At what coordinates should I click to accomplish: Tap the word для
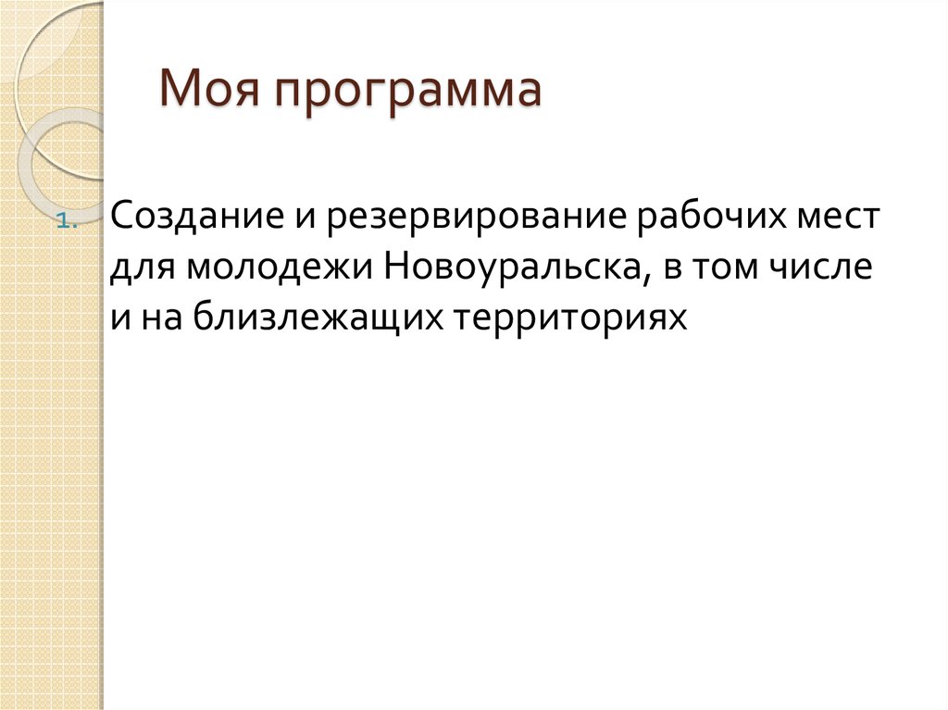(141, 269)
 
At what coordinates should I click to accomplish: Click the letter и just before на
(120, 318)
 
